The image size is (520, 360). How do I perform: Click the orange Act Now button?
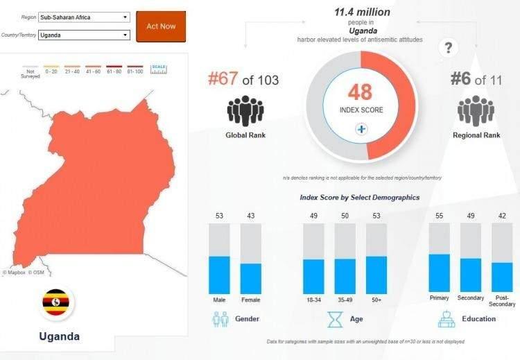point(161,26)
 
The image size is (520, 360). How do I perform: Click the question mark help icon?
point(449,48)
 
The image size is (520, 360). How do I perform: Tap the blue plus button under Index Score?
point(361,129)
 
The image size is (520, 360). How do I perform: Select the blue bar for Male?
point(219,275)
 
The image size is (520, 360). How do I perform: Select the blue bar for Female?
point(251,278)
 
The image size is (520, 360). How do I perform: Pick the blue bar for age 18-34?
point(313,276)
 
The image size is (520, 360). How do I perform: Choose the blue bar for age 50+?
point(376,275)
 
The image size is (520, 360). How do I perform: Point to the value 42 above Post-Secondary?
point(502,216)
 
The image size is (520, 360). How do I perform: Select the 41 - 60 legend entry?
point(94,71)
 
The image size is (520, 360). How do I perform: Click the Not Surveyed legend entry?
point(30,73)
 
